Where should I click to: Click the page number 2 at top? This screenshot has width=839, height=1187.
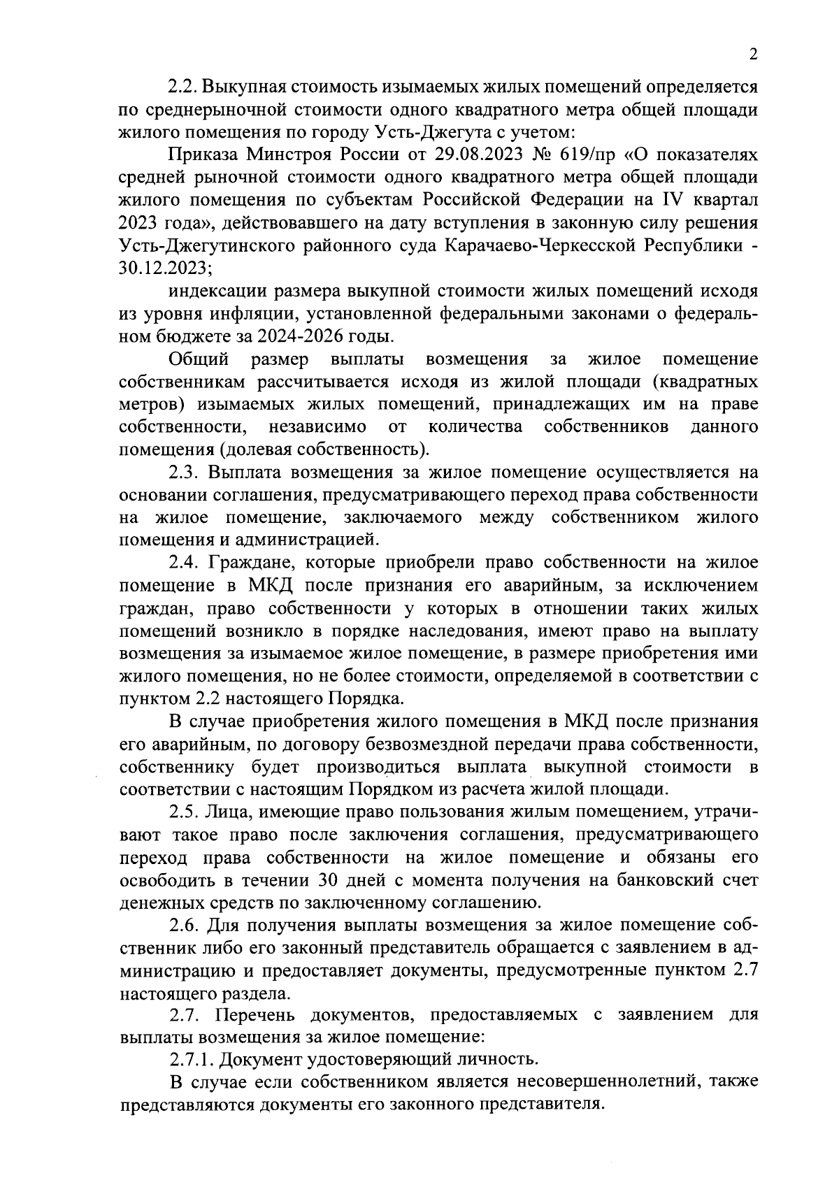tap(753, 55)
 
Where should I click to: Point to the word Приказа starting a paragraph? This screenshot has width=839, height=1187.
tap(203, 155)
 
